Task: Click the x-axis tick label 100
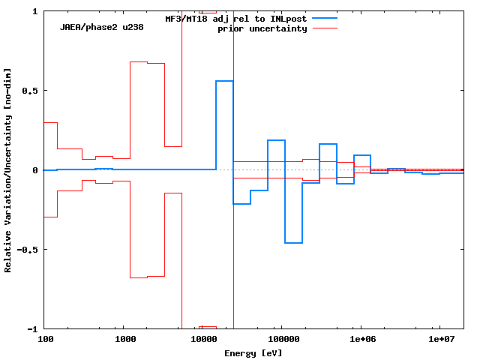click(x=45, y=340)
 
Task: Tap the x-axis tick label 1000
click(x=124, y=340)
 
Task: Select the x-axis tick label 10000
click(x=202, y=340)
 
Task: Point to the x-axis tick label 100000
click(x=281, y=340)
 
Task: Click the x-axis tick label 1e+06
click(x=361, y=340)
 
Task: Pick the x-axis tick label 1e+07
click(x=439, y=340)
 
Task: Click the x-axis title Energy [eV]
click(x=253, y=352)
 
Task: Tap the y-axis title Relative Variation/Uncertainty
click(x=8, y=170)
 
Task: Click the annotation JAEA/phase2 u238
click(x=102, y=27)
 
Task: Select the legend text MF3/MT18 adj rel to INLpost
click(x=235, y=18)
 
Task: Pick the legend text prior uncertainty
click(x=262, y=28)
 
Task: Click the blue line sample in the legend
click(x=324, y=18)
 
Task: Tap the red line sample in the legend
click(x=324, y=28)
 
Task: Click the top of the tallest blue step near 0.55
click(x=224, y=81)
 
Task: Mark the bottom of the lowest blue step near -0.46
click(x=293, y=243)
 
